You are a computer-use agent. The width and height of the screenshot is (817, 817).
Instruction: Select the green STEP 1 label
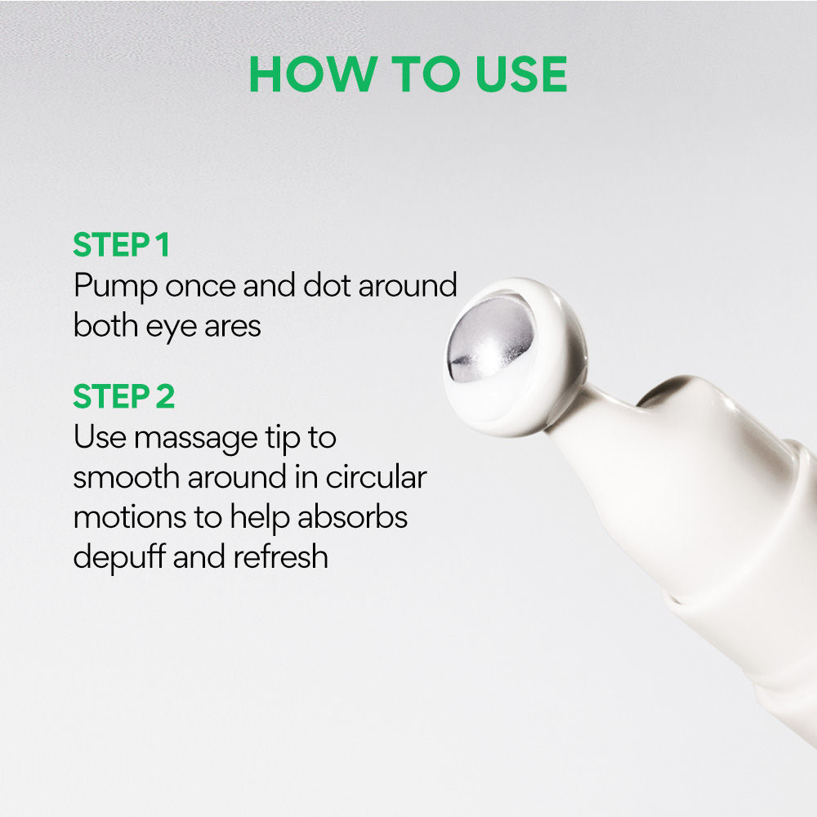click(x=121, y=246)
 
